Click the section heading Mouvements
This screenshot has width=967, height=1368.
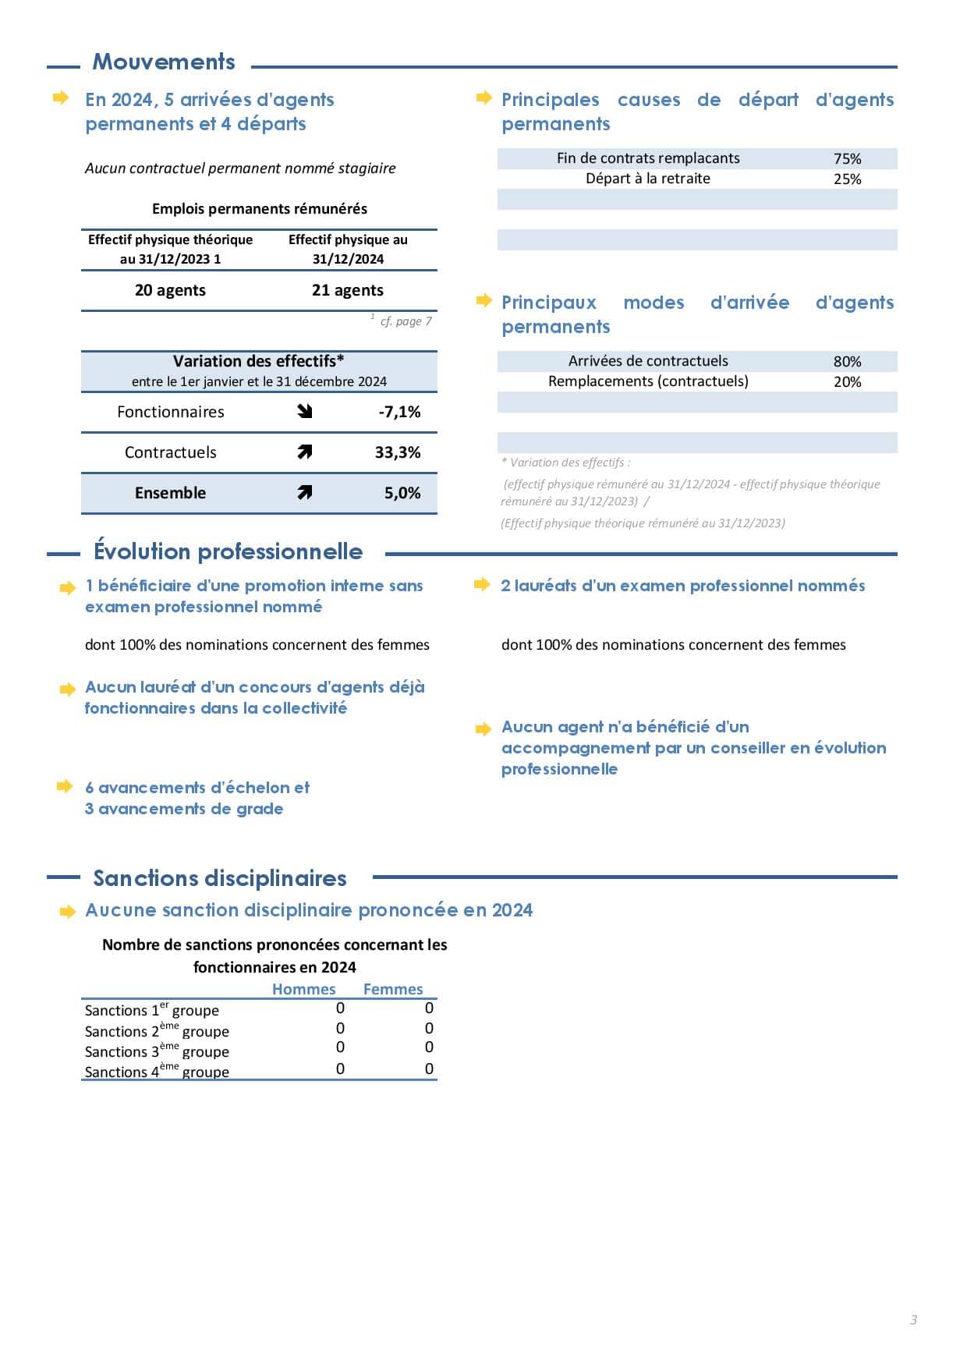[164, 62]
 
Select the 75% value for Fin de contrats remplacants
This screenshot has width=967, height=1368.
[847, 158]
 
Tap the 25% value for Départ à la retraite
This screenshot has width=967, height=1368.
[847, 179]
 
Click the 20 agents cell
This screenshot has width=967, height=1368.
[170, 290]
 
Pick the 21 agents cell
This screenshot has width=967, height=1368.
[348, 290]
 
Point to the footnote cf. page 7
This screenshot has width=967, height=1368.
[405, 321]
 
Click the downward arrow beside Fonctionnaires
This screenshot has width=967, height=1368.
[305, 411]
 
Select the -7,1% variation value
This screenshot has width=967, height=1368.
[399, 412]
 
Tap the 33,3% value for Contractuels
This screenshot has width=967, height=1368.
[397, 452]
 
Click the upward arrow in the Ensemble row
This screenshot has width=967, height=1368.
[305, 492]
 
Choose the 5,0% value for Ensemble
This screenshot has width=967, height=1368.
[402, 493]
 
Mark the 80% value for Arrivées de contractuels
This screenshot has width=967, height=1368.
[847, 361]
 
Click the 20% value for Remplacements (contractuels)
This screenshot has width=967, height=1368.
[847, 381]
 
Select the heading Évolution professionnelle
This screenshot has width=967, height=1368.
[228, 551]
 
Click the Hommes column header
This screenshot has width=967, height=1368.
[303, 989]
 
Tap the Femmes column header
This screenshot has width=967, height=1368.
[393, 989]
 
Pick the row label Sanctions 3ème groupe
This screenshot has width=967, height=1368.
[157, 1051]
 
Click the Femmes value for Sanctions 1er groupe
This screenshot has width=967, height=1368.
[429, 1008]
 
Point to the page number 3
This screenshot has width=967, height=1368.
[913, 1320]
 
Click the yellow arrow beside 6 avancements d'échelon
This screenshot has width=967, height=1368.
[66, 786]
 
